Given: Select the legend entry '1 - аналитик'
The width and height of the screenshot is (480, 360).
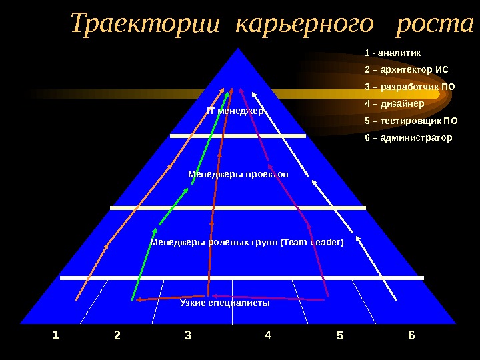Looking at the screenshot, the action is pos(393,52).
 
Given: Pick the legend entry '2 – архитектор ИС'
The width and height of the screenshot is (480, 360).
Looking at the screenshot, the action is pos(407,69).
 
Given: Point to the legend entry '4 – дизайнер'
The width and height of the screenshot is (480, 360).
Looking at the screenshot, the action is pos(395,103).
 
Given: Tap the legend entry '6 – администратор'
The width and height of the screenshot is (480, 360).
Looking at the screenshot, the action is pos(408,138).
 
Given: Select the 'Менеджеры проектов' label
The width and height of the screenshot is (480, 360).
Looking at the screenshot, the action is pos(238,173).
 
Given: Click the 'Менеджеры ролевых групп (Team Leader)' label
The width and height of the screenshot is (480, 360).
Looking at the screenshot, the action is pos(247,241).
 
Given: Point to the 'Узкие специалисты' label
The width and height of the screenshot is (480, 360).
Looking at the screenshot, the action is pos(225,303).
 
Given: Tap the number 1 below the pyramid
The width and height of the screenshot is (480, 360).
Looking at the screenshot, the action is pos(56,335).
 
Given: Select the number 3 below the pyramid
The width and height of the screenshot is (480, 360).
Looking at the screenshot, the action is pos(188,335).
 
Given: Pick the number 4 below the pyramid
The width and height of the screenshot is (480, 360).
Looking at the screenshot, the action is pos(268,335).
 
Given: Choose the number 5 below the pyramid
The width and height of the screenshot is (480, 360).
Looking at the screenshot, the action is pos(340,335).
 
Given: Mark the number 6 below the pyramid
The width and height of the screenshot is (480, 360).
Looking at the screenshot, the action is pos(411,335).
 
